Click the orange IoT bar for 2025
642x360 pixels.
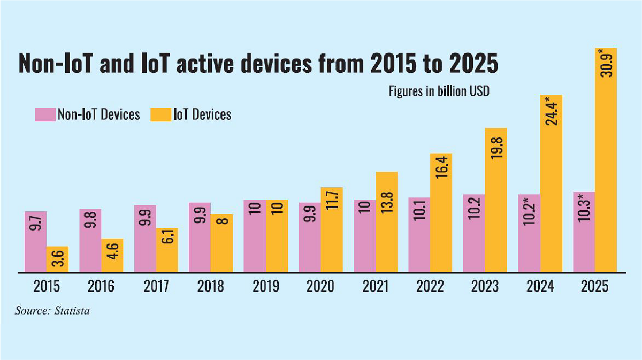coord(606,160)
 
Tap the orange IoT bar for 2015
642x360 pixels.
coord(57,259)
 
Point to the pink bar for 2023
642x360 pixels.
coord(474,233)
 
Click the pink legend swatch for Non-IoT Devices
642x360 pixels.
coord(45,114)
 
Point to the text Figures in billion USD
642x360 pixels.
coord(439,90)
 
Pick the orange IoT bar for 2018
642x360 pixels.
coord(221,243)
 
